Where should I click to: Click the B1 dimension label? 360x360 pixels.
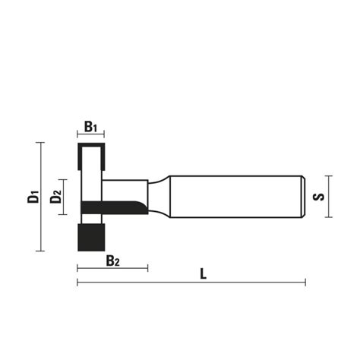90,126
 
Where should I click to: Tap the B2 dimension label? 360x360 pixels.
113,261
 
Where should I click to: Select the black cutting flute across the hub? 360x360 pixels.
114,206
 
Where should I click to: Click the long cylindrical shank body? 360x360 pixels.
235,197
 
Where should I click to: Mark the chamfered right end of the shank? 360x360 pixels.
304,197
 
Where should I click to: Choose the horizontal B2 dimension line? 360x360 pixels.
112,268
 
